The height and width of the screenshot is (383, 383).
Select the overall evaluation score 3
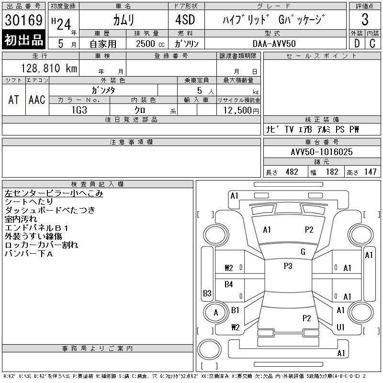click(365, 20)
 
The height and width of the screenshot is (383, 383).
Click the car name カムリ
click(124, 20)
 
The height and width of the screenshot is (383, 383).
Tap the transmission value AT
click(14, 100)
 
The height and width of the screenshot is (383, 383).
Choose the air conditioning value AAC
click(37, 100)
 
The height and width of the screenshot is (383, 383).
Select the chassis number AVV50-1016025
click(322, 152)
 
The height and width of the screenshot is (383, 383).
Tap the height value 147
click(370, 172)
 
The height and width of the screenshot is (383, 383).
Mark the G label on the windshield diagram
click(303, 252)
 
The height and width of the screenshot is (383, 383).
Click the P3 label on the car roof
click(288, 266)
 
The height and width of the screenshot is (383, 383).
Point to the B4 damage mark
click(229, 284)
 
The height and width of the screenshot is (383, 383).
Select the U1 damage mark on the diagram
click(341, 327)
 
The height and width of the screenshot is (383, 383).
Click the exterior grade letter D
click(356, 44)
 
